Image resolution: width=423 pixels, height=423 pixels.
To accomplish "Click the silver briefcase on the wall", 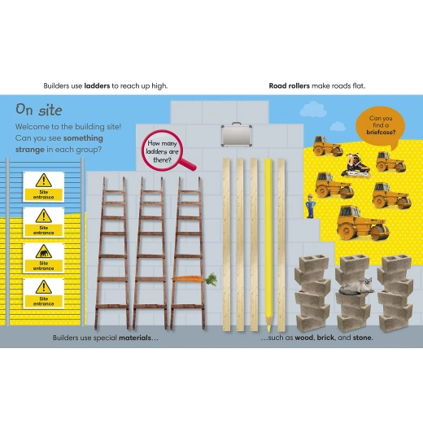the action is [237, 134].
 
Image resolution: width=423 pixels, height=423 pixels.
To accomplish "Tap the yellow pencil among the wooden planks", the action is [268, 245].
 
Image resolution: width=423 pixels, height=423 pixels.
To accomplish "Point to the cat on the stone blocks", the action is [356, 286].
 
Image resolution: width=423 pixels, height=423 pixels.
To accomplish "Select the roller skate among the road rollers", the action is [356, 165].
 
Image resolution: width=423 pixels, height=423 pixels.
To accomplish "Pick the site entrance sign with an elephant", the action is [43, 258].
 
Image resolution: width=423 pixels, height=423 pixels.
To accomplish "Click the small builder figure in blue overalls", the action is [310, 206].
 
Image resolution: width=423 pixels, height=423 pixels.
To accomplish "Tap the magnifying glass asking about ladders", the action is [165, 151].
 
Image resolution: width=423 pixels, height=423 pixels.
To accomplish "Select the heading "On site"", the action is [39, 110].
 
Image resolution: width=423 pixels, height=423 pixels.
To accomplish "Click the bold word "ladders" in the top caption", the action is [97, 86].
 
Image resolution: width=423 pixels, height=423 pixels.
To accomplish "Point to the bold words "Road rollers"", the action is [289, 86].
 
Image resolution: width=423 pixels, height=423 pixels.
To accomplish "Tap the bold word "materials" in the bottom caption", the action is [135, 338].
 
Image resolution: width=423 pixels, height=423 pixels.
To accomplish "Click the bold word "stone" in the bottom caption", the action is [362, 338].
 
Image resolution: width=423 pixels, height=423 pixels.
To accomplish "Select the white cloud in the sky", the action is [313, 109].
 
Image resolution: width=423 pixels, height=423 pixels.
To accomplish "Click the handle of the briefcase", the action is [237, 124].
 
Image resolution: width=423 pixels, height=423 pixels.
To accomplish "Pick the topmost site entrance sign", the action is [43, 187].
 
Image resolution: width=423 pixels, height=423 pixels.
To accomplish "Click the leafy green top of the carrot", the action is [211, 279].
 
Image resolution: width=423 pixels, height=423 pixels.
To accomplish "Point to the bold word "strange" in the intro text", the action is [30, 150].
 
